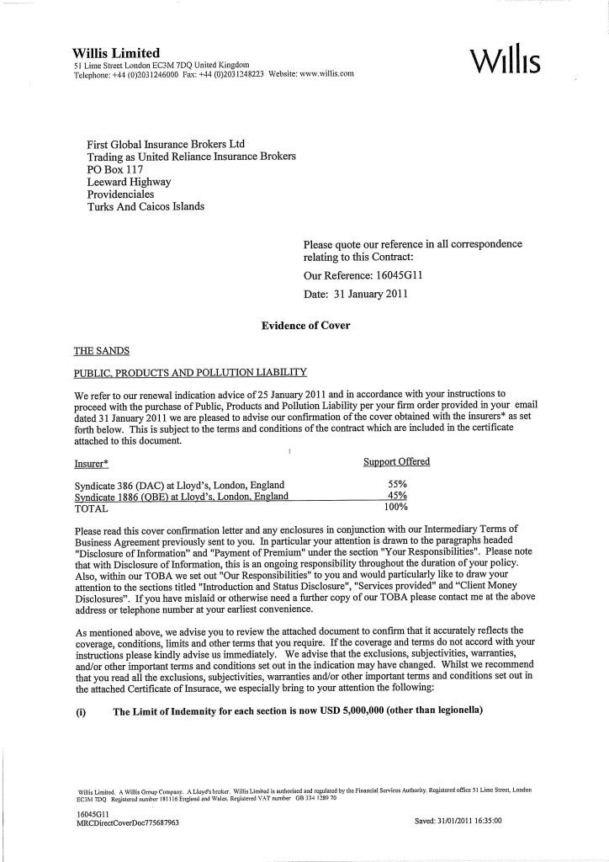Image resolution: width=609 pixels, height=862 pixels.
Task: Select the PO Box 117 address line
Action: (x=115, y=168)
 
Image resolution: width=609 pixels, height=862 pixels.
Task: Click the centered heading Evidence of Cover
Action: (x=306, y=325)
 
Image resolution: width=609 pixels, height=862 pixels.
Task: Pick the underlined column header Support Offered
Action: (x=395, y=461)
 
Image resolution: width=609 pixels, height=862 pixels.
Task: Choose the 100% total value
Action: (x=395, y=508)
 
